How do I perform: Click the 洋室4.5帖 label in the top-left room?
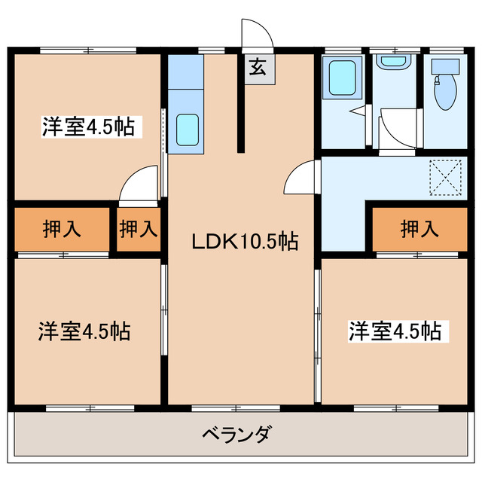click(x=87, y=127)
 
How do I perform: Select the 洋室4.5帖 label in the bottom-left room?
click(x=84, y=331)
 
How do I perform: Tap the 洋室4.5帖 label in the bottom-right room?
click(x=394, y=331)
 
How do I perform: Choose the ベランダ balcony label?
click(x=236, y=435)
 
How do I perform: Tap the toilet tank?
click(x=444, y=66)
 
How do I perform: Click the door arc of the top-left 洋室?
click(x=139, y=185)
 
